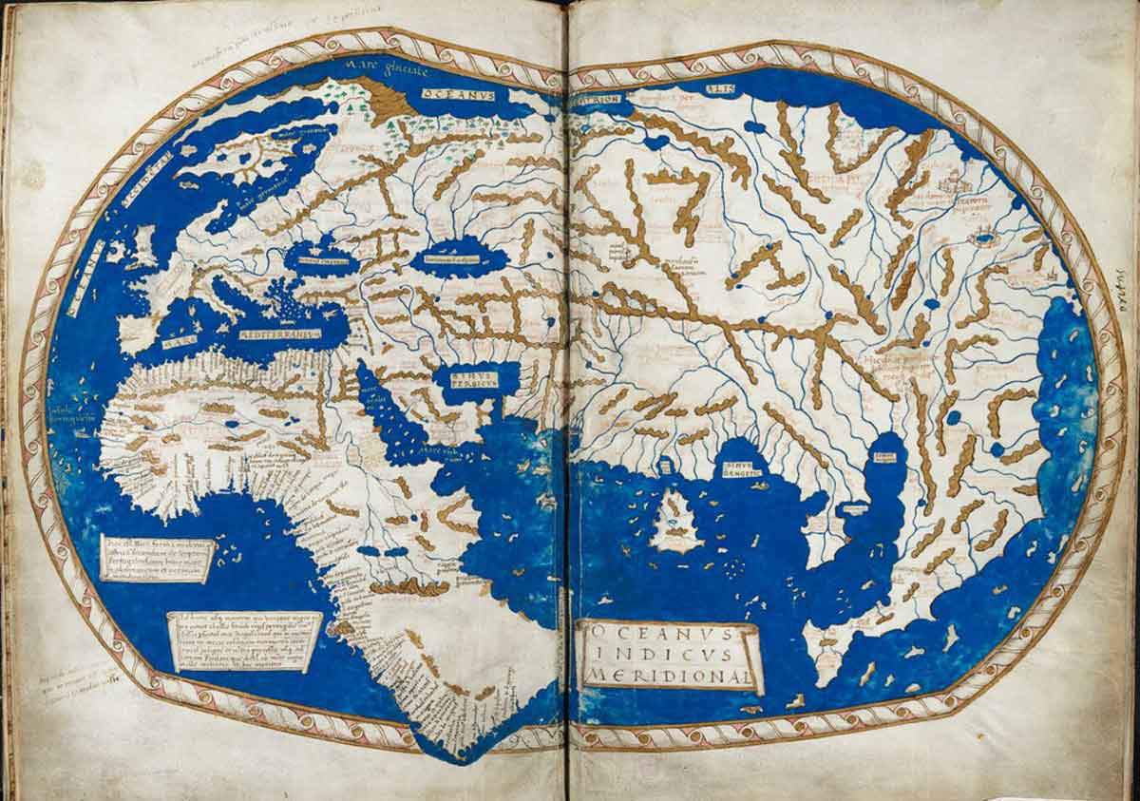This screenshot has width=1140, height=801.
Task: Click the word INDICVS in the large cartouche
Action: (670, 656)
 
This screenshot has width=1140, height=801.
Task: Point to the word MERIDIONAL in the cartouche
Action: (672, 677)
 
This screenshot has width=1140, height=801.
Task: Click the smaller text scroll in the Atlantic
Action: (157, 558)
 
